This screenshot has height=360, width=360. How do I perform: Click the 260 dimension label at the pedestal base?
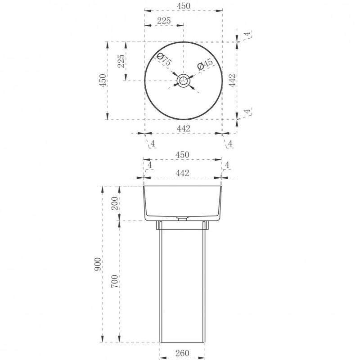point(182,353)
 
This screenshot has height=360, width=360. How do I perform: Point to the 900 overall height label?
point(98,264)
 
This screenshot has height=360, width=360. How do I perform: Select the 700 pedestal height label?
point(114,281)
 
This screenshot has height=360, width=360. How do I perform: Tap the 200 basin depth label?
point(114,203)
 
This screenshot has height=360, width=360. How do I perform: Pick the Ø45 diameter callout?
point(205,64)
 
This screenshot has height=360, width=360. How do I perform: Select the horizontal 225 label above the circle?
point(164,21)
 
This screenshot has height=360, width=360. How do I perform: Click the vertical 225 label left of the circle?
point(121,61)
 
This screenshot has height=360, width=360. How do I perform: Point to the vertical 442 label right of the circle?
point(232,81)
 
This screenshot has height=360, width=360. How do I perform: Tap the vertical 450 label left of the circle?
point(103,81)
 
